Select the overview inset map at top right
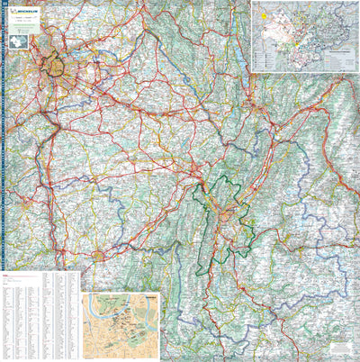pos(304,36)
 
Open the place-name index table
pos(40,315)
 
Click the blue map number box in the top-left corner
pos(4,4)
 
